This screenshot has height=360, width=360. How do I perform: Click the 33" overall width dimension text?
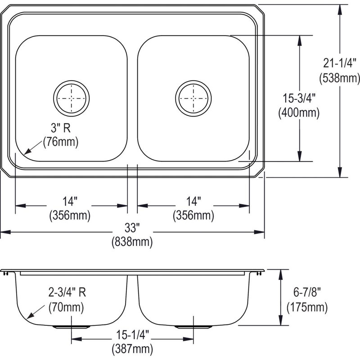tap(132, 228)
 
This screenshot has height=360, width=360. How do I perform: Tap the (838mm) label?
tap(132, 242)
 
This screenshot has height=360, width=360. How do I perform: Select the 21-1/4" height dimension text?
tap(339, 63)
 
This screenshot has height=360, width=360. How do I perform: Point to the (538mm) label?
tap(340, 78)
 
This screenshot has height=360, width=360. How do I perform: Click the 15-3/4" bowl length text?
tap(299, 99)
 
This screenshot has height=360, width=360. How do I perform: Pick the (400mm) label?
tap(299, 113)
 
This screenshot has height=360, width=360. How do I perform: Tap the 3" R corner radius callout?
tap(61, 128)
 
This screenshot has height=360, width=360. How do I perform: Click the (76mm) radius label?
tap(61, 142)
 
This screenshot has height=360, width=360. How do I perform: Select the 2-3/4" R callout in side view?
tap(67, 292)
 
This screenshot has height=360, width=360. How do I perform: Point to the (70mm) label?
tap(66, 307)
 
